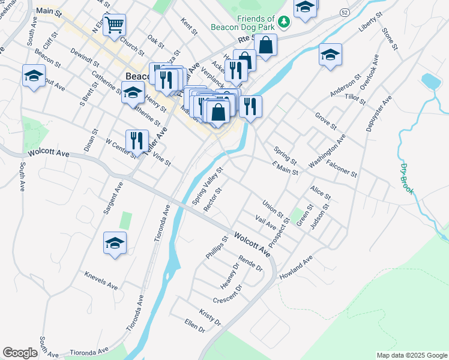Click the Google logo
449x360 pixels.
tap(20, 353)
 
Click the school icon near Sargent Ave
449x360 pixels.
tap(115, 243)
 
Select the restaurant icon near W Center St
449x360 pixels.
tap(137, 142)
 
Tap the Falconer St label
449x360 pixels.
tap(342, 168)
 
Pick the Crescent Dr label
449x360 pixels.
tap(227, 295)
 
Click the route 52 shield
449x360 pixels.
tap(344, 12)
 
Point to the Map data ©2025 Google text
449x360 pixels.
tap(411, 355)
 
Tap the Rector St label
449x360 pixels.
tap(212, 199)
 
